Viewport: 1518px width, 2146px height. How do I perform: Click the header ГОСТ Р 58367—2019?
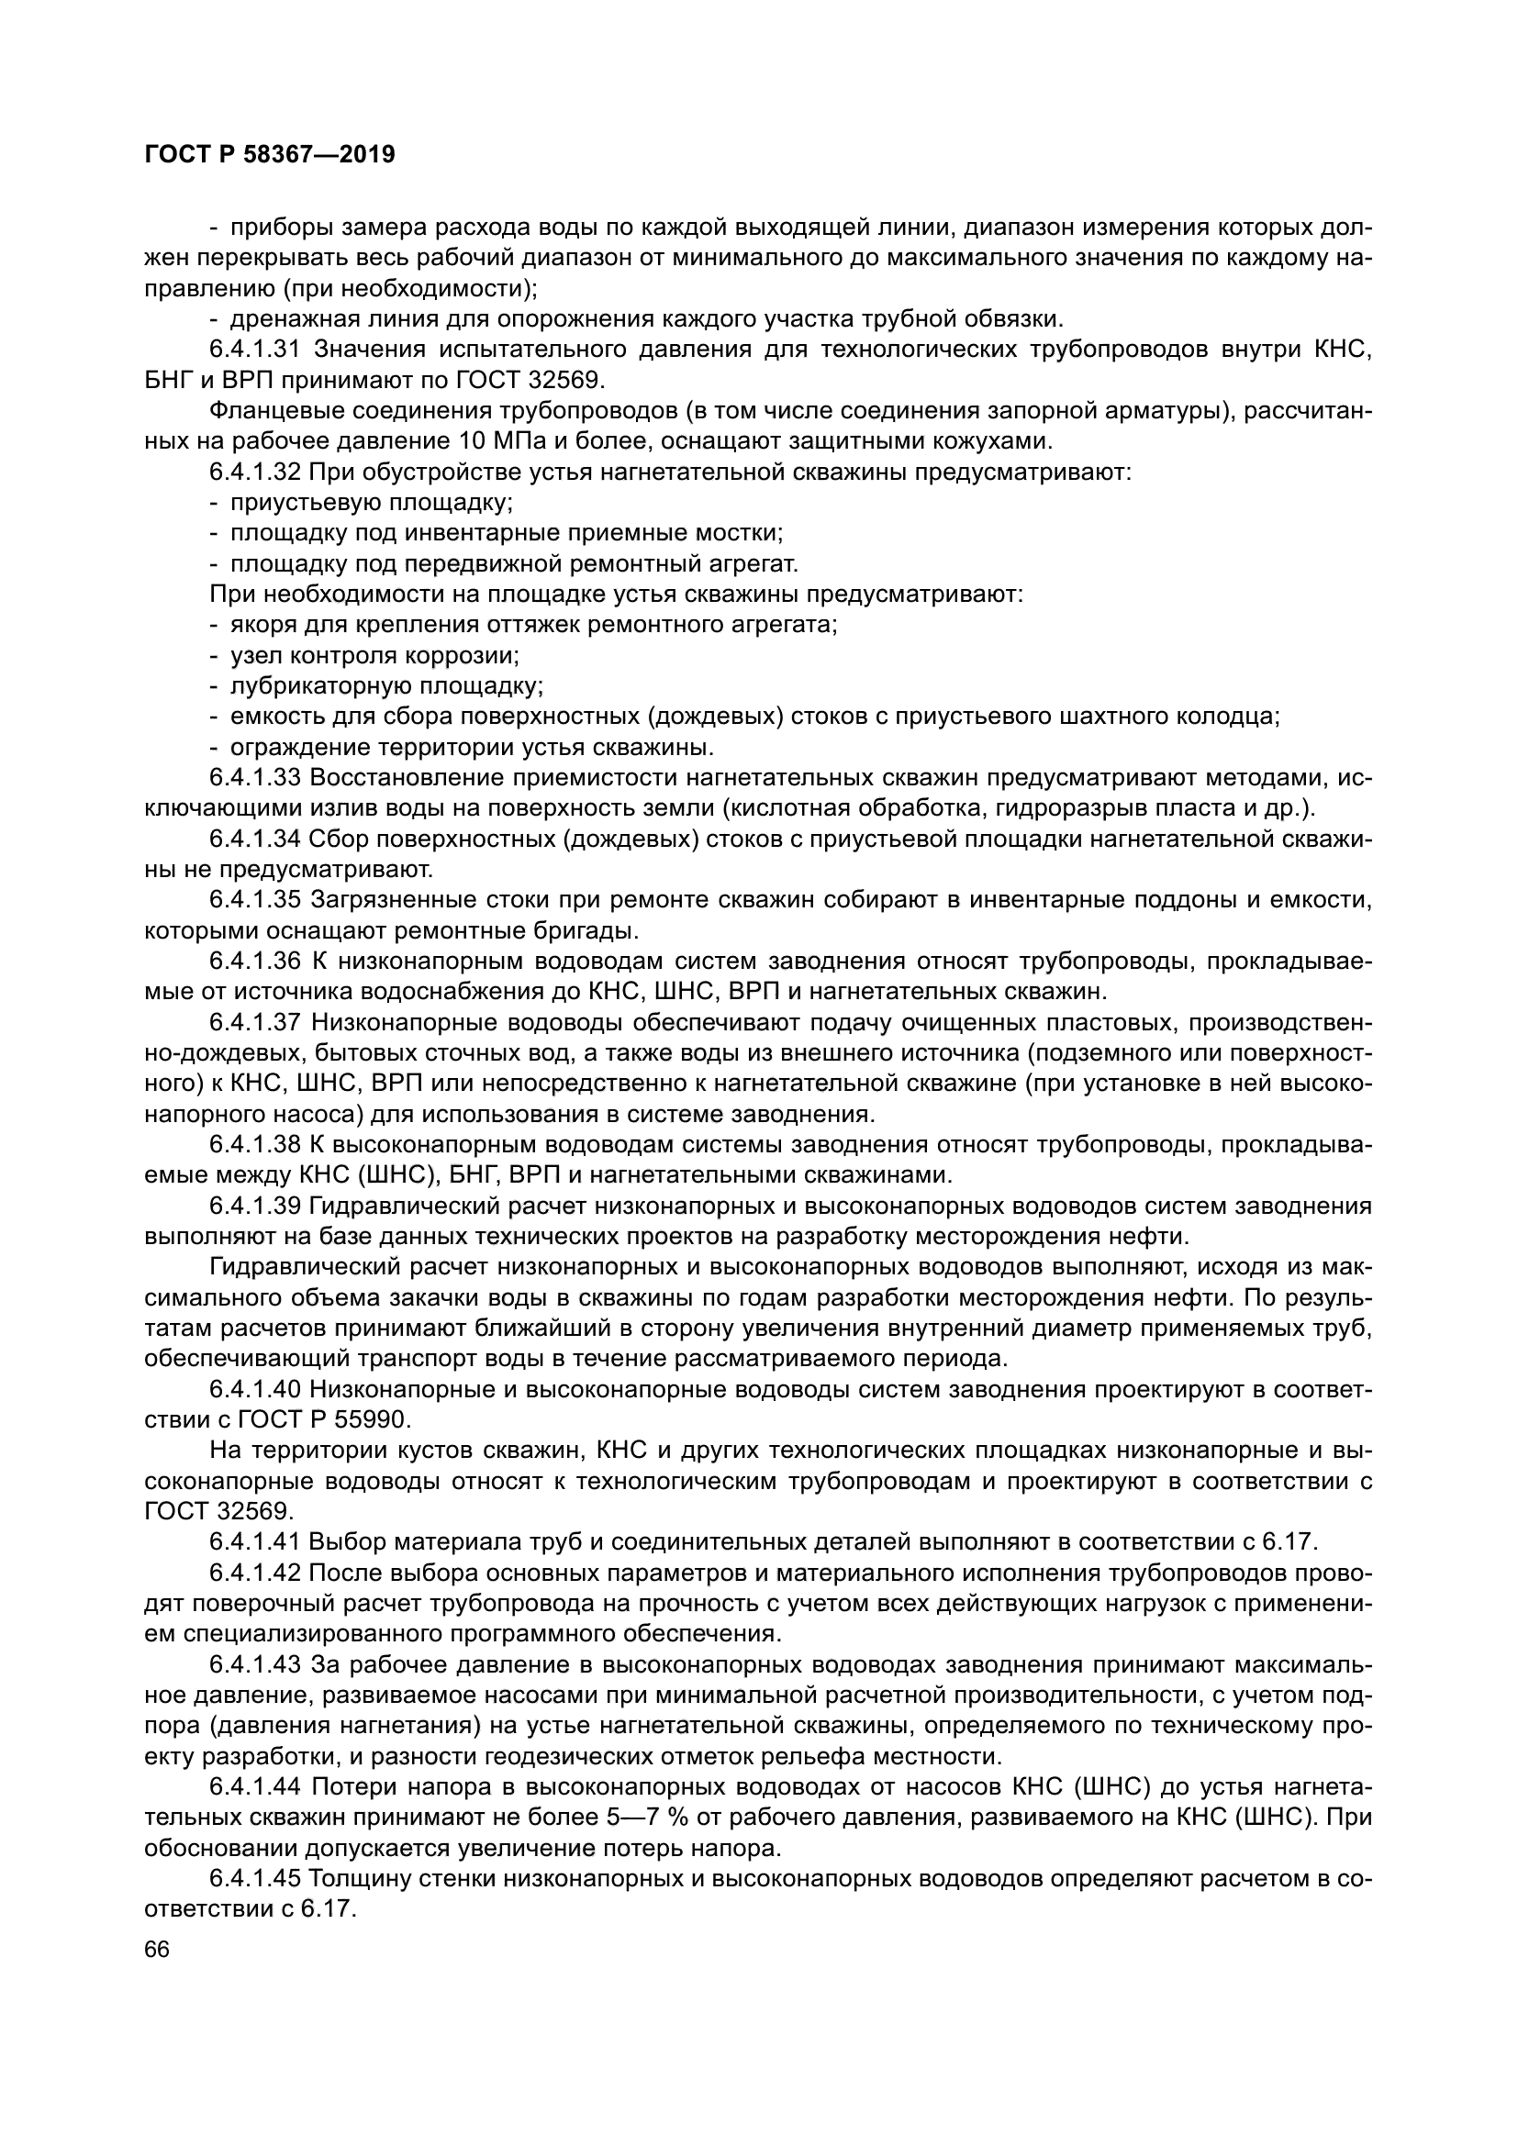pos(270,155)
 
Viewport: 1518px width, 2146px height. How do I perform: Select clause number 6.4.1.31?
pos(254,350)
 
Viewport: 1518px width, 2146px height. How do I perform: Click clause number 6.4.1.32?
pos(254,472)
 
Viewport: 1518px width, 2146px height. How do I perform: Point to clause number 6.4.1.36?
pos(254,961)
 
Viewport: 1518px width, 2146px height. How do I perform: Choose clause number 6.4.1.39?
pos(254,1206)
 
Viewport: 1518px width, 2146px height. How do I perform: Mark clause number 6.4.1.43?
pos(254,1664)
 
